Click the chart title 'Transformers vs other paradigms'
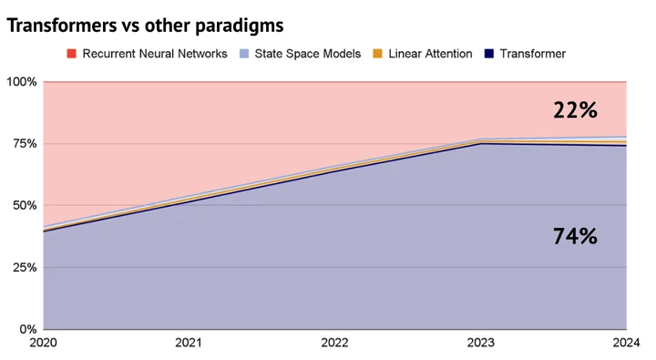click(145, 26)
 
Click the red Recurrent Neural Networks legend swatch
click(72, 54)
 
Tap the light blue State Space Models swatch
click(244, 54)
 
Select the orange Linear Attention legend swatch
click(378, 54)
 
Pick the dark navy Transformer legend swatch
click(489, 54)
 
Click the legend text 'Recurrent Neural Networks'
click(155, 54)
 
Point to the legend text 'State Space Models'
click(308, 54)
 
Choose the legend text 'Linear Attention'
click(430, 54)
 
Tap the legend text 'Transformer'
click(533, 54)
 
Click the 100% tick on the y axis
click(21, 82)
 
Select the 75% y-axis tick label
click(25, 144)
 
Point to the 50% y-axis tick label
click(25, 206)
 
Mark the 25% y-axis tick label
click(25, 267)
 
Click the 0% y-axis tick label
click(27, 329)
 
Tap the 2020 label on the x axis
click(43, 343)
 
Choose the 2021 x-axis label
click(189, 343)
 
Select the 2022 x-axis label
click(334, 343)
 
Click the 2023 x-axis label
click(481, 343)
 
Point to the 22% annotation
click(575, 110)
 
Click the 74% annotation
click(575, 236)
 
